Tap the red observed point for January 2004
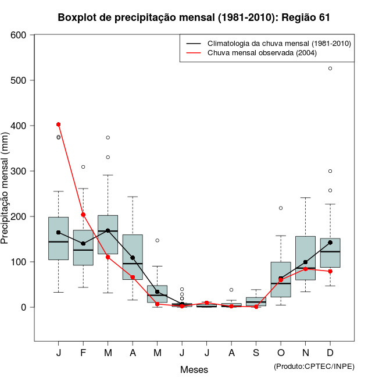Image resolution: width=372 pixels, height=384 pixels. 58,125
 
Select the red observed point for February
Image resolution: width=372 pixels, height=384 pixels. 83,215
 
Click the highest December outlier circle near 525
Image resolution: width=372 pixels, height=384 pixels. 330,69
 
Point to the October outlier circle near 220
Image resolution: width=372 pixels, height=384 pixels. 281,208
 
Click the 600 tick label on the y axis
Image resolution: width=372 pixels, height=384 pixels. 19,35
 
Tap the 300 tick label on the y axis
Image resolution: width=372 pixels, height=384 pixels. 19,171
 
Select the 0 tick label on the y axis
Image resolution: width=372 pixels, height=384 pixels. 24,307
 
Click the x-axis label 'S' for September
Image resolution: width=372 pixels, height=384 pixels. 256,354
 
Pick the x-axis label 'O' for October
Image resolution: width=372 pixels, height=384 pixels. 281,354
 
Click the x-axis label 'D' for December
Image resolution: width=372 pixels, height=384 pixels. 330,354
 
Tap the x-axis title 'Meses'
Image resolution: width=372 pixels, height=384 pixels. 194,369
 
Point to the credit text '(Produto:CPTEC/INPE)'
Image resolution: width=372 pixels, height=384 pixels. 314,366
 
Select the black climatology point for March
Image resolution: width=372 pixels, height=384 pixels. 108,230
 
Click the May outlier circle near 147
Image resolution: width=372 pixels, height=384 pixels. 157,240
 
